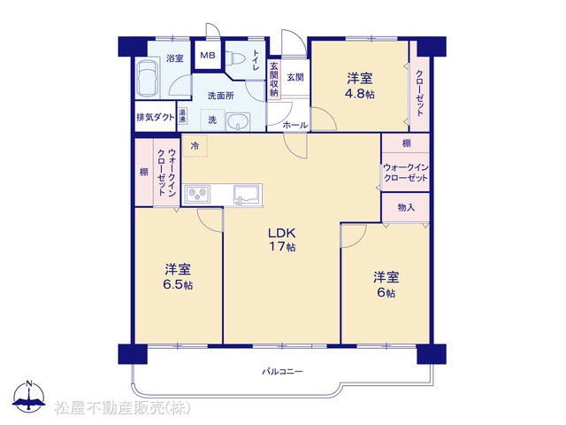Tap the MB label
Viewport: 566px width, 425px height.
[x=208, y=55]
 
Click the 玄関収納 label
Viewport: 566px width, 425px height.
[x=274, y=79]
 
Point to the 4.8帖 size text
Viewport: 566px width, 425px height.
[x=360, y=94]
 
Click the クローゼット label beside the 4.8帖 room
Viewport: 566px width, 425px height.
[x=419, y=93]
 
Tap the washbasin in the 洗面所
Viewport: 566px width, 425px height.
[x=238, y=120]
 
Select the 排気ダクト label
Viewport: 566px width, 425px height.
[x=156, y=118]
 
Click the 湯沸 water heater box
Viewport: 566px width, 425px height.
[x=182, y=116]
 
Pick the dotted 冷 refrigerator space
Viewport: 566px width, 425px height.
[x=195, y=145]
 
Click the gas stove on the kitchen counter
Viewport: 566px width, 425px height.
[x=197, y=195]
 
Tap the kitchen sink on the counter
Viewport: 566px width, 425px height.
[x=248, y=195]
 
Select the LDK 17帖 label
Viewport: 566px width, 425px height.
[x=281, y=240]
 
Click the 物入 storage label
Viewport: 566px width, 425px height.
[x=406, y=207]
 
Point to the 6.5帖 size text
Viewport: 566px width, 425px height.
[x=178, y=285]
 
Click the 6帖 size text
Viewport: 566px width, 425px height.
[x=386, y=292]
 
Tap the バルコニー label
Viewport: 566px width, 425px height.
[x=282, y=371]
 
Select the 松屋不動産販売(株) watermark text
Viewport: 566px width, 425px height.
[x=122, y=408]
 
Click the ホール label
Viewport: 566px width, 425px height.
[x=294, y=126]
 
